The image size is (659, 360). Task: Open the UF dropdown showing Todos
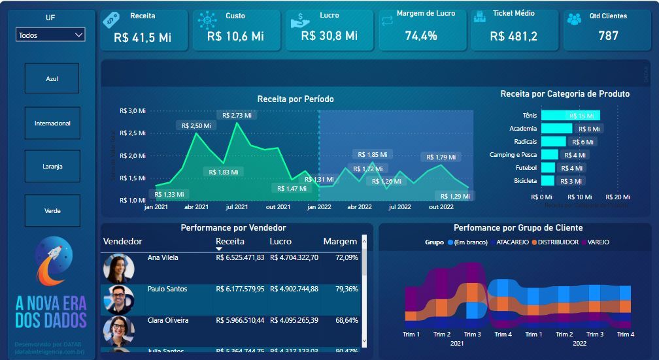pyautogui.click(x=50, y=35)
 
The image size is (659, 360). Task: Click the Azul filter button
pyautogui.click(x=52, y=78)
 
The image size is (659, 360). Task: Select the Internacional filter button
pyautogui.click(x=52, y=123)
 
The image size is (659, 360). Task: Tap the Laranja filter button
pyautogui.click(x=52, y=167)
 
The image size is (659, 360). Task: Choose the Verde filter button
pyautogui.click(x=52, y=210)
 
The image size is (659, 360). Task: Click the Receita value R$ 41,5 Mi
pyautogui.click(x=143, y=37)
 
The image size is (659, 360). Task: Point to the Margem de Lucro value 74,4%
pyautogui.click(x=421, y=36)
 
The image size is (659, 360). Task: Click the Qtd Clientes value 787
pyautogui.click(x=608, y=35)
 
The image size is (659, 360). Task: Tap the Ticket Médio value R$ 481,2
pyautogui.click(x=514, y=36)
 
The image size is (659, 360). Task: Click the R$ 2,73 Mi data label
pyautogui.click(x=237, y=115)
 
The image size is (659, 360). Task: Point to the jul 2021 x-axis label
pyautogui.click(x=237, y=207)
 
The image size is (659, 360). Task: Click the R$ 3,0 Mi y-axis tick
pyautogui.click(x=133, y=111)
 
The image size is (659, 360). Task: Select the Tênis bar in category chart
pyautogui.click(x=570, y=116)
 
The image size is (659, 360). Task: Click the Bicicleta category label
pyautogui.click(x=526, y=180)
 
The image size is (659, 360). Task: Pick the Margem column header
pyautogui.click(x=340, y=242)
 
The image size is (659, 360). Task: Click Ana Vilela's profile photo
pyautogui.click(x=119, y=268)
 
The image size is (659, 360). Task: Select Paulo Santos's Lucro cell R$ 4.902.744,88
pyautogui.click(x=294, y=289)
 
